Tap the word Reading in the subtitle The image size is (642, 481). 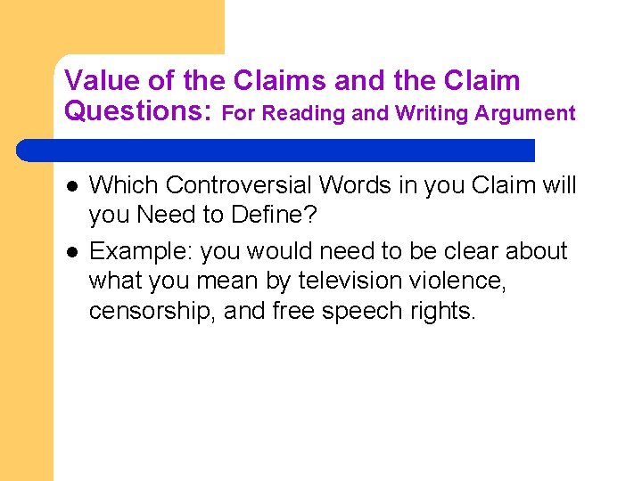(x=305, y=113)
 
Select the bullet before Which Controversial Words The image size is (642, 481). (x=71, y=186)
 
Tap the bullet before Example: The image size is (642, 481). (x=71, y=252)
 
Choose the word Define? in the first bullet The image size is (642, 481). (x=260, y=215)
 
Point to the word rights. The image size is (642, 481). (x=447, y=312)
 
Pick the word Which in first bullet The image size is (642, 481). (x=123, y=185)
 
